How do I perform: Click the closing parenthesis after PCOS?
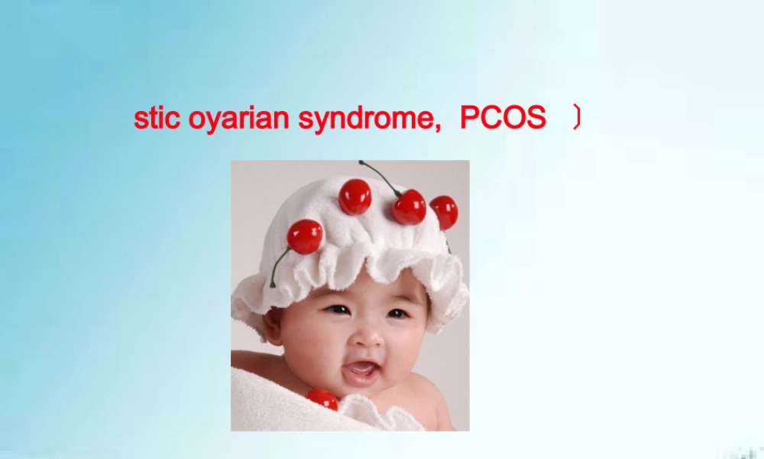click(x=577, y=119)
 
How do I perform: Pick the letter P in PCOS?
click(x=468, y=119)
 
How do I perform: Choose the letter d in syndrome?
click(x=368, y=119)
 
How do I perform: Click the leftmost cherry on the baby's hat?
click(x=305, y=236)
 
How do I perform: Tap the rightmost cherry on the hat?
click(x=444, y=212)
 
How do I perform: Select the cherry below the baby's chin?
click(x=322, y=399)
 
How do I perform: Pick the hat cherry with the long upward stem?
click(x=409, y=207)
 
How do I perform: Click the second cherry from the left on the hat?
click(x=354, y=197)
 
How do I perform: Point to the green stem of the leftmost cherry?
click(x=278, y=265)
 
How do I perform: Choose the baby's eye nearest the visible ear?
click(x=337, y=310)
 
